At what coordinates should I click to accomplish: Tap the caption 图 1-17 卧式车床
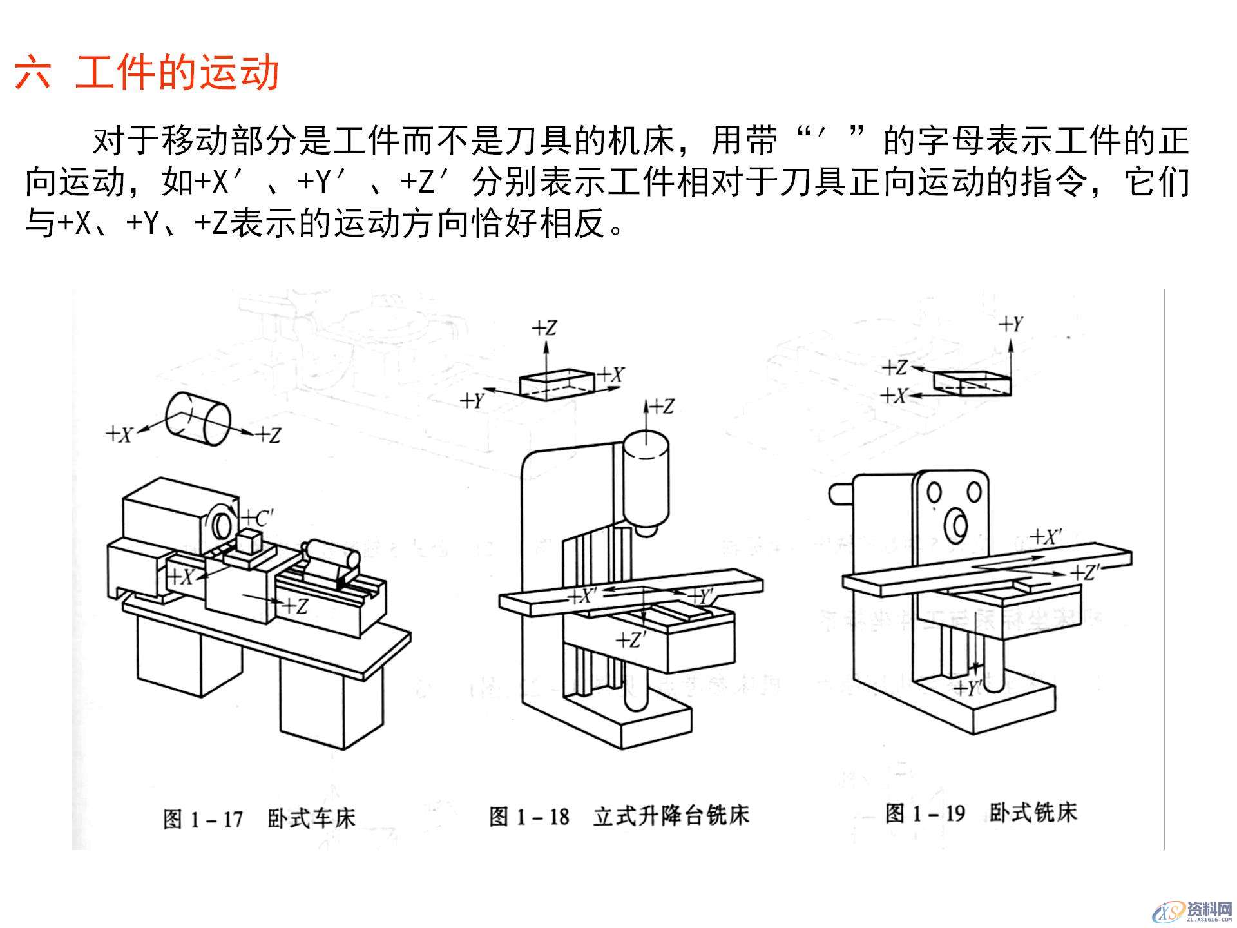(x=258, y=819)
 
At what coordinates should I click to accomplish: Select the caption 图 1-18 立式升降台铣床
(x=618, y=817)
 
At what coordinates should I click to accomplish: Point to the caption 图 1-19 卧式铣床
(x=980, y=813)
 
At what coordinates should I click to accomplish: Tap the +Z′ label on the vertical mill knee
(x=631, y=641)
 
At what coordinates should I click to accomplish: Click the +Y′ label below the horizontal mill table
(x=968, y=688)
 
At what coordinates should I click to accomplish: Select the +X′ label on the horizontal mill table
(x=1046, y=537)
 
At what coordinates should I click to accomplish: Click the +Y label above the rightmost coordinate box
(x=1012, y=324)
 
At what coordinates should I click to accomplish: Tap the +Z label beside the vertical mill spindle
(x=662, y=407)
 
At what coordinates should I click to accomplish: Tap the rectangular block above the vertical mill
(x=556, y=385)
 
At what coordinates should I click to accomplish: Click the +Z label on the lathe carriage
(x=295, y=606)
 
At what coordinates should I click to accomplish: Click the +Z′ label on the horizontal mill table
(x=1086, y=572)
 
